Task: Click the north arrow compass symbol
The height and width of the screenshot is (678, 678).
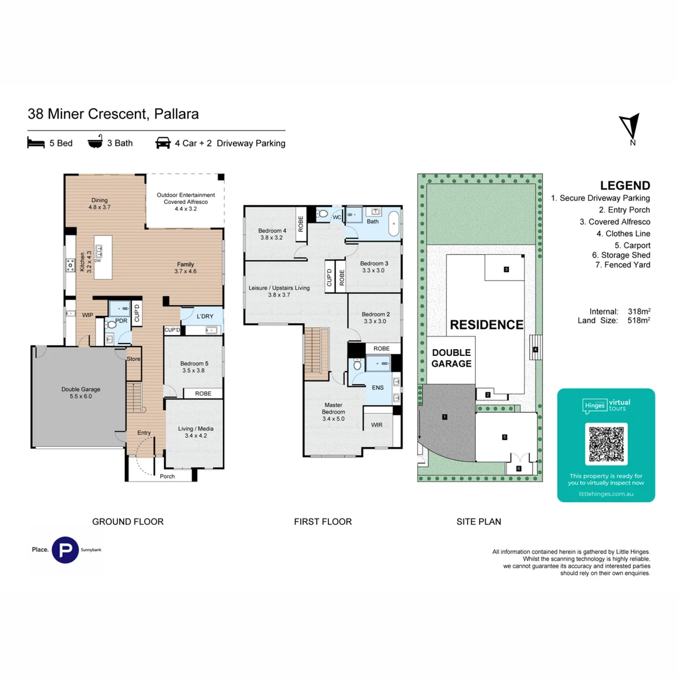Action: [630, 128]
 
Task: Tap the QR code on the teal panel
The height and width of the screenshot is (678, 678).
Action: [606, 444]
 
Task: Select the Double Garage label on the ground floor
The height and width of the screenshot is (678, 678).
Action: [81, 392]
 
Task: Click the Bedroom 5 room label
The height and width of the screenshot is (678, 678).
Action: [194, 367]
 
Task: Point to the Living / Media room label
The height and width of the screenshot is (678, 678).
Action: [196, 432]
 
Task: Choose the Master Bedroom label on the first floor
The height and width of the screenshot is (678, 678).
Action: [333, 412]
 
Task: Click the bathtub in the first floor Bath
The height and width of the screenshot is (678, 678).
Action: [394, 223]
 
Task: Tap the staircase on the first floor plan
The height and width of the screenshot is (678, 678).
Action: [316, 354]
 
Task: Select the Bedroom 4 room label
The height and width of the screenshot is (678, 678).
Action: [272, 234]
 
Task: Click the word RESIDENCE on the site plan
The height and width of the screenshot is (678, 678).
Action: [487, 325]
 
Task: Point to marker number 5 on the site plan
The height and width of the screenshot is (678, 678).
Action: [505, 437]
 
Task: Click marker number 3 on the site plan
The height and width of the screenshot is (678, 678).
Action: [507, 269]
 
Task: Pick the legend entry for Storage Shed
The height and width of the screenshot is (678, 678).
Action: [621, 255]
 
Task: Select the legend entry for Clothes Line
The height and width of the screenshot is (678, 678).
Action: [623, 234]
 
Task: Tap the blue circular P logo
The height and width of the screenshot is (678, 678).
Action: [65, 550]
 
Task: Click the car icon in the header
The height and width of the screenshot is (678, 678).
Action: [163, 143]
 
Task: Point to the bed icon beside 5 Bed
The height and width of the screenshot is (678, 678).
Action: [36, 143]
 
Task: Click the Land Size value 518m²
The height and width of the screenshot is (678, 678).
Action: [639, 320]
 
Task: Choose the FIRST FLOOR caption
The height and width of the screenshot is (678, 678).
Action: [323, 522]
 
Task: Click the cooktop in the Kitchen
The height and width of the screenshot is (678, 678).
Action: [70, 265]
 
